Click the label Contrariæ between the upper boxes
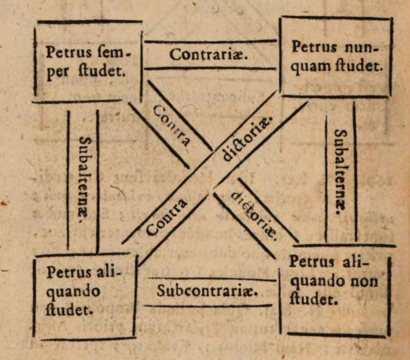[209, 54]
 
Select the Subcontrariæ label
[207, 290]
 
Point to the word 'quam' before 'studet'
[308, 66]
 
